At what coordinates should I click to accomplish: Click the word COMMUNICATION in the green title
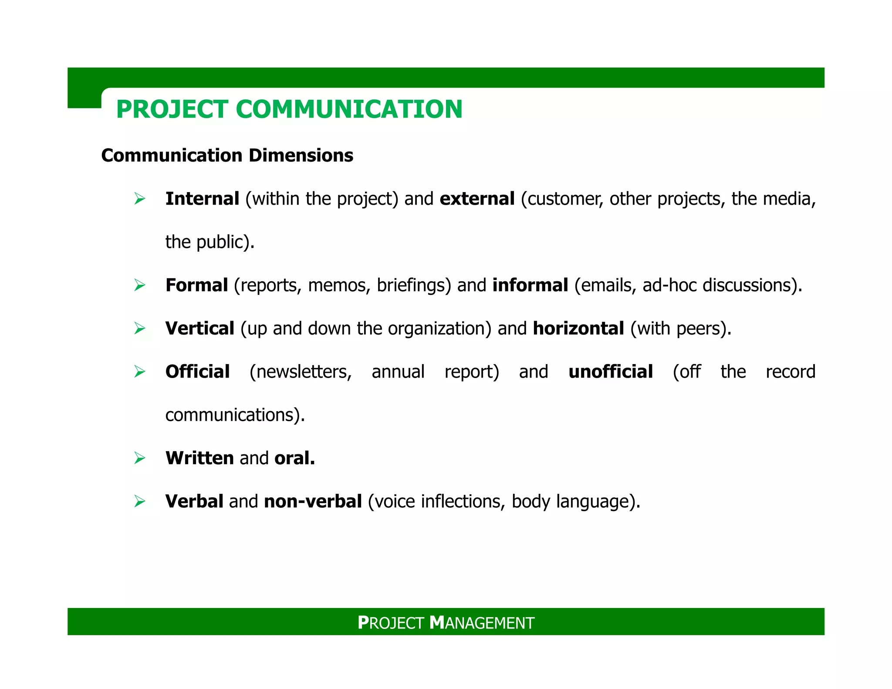pos(349,109)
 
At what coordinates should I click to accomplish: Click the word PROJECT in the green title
pos(172,109)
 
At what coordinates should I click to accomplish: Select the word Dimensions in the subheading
pos(301,155)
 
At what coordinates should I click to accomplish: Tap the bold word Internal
pos(202,199)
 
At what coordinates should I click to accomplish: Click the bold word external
pos(477,199)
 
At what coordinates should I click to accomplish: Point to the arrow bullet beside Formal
pos(140,285)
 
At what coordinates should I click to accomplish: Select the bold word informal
pos(530,285)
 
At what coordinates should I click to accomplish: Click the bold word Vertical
pos(200,328)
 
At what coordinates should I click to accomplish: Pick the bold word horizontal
pos(578,328)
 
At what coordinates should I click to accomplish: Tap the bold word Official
pos(197,372)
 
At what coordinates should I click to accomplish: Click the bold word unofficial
pos(611,372)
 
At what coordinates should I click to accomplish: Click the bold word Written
pos(199,458)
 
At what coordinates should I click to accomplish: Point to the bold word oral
pos(294,458)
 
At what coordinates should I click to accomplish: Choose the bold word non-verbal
pos(313,501)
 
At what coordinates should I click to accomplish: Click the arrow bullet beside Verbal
pos(140,501)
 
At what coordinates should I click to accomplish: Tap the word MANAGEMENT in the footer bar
pos(482,623)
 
